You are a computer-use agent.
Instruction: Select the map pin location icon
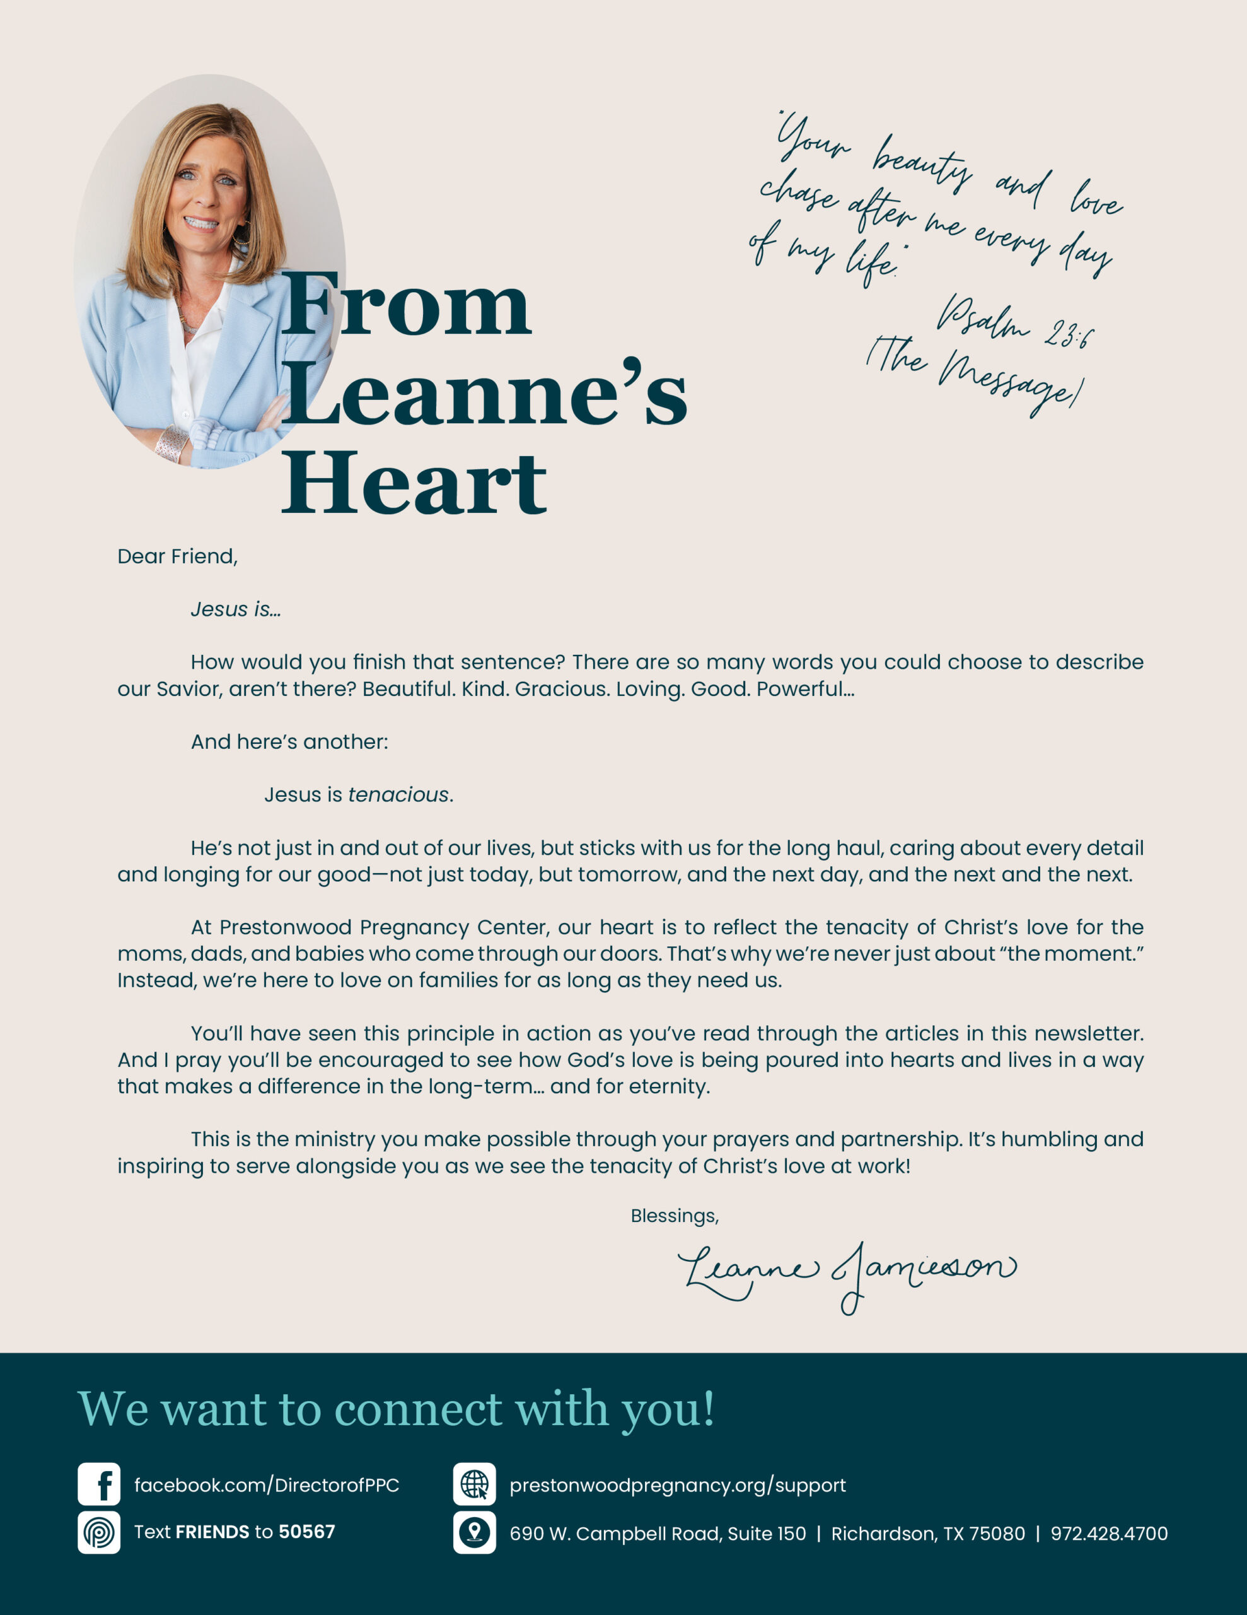pos(475,1532)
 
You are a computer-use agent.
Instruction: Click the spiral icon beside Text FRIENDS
pos(99,1532)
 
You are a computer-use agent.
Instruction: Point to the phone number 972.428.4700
pos(1109,1534)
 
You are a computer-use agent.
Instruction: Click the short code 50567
pos(307,1532)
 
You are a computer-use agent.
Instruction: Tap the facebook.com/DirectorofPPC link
pos(266,1485)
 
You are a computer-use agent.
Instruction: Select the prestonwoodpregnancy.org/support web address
pos(677,1485)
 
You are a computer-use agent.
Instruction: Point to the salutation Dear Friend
pos(177,556)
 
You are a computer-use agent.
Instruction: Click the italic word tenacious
pos(398,794)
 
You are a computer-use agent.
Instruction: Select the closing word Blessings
pos(674,1216)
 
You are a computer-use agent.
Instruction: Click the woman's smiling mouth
pos(200,223)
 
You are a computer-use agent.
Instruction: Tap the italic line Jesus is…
pos(236,609)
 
